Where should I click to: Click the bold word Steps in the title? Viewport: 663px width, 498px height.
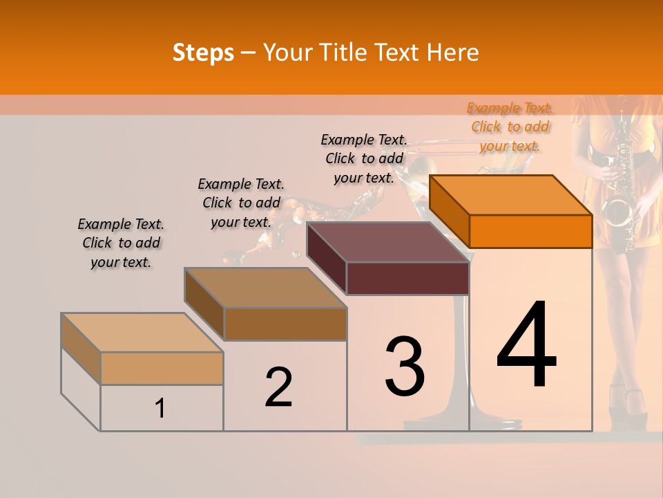203,53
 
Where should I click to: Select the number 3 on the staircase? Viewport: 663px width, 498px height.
405,366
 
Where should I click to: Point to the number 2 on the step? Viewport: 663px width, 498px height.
278,387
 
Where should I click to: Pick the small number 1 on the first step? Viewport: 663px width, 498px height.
160,409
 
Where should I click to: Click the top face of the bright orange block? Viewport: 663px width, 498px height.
510,194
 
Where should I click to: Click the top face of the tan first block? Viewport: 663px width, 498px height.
142,333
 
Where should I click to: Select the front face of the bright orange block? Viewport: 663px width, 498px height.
530,231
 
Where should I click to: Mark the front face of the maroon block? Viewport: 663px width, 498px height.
407,279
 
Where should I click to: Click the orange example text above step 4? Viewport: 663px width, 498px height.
510,127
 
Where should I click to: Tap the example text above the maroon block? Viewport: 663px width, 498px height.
364,158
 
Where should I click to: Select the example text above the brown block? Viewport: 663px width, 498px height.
241,203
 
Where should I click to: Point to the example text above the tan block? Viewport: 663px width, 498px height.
121,243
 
